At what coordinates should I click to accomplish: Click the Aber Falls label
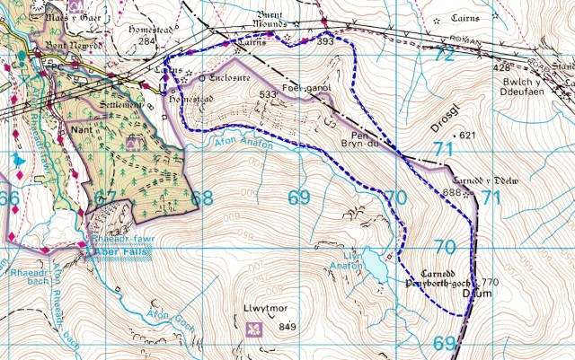pyautogui.click(x=121, y=254)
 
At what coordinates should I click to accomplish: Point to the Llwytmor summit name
pyautogui.click(x=262, y=310)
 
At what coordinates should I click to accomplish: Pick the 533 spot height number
pyautogui.click(x=268, y=94)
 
